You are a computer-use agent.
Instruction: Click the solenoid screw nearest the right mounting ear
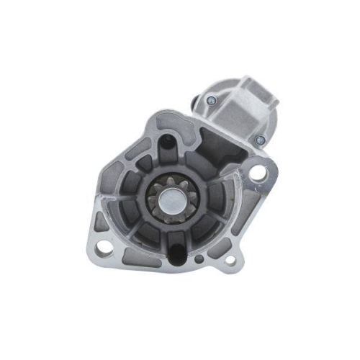pos(260,140)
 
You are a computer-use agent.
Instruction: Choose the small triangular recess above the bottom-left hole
pos(107,225)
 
